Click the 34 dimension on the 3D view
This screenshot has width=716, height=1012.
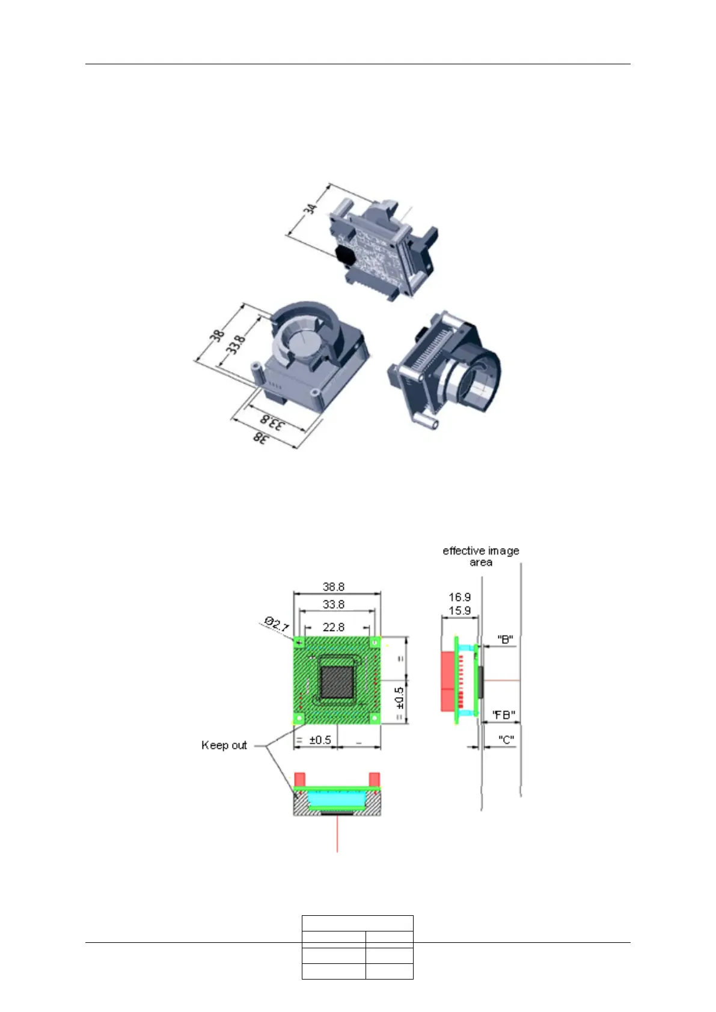pyautogui.click(x=310, y=209)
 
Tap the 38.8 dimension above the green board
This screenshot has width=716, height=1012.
pyautogui.click(x=333, y=587)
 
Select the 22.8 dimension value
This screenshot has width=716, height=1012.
pyautogui.click(x=333, y=627)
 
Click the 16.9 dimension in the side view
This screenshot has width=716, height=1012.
pyautogui.click(x=459, y=597)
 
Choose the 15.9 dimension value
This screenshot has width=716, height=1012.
pyautogui.click(x=459, y=611)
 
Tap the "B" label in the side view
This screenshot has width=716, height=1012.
pyautogui.click(x=505, y=639)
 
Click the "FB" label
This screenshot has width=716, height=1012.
pyautogui.click(x=504, y=715)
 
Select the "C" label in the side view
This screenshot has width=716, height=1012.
pyautogui.click(x=506, y=740)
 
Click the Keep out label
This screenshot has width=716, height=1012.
pyautogui.click(x=224, y=745)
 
